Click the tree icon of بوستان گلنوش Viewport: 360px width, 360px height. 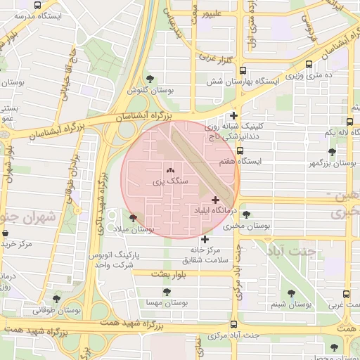[x=150, y=79]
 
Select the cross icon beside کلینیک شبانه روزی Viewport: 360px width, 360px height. [x=234, y=115]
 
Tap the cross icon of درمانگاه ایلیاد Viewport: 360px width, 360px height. [x=215, y=200]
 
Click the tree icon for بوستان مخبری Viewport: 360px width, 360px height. [x=246, y=215]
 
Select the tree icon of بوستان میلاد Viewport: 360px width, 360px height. [x=133, y=218]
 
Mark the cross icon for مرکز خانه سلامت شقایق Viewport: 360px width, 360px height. [x=205, y=239]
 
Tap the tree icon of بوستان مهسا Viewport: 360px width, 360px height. [x=167, y=292]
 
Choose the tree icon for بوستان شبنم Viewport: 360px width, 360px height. [x=291, y=294]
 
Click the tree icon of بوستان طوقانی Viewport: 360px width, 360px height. [x=57, y=299]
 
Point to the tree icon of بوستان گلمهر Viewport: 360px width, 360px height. [x=332, y=152]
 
